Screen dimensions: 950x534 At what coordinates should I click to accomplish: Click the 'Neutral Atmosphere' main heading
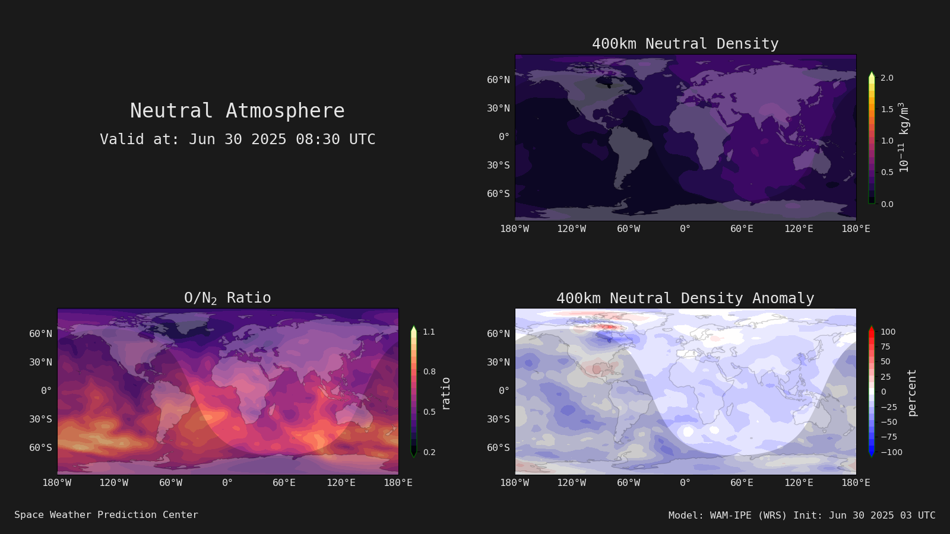(x=237, y=110)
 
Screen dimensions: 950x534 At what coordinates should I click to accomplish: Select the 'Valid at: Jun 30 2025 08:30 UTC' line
(x=237, y=139)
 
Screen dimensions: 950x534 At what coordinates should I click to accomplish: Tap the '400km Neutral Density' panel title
(x=685, y=44)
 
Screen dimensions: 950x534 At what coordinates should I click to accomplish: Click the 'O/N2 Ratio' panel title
(x=227, y=298)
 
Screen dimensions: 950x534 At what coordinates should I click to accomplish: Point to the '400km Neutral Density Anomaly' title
(x=685, y=298)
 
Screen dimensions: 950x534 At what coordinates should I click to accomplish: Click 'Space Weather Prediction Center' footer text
(x=106, y=515)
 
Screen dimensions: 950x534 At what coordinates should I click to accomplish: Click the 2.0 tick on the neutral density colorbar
(x=887, y=78)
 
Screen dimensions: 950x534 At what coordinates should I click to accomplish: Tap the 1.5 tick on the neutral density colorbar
(x=887, y=109)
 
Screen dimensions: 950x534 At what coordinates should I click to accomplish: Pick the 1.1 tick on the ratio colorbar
(x=429, y=332)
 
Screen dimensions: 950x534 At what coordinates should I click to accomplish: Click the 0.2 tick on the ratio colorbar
(x=429, y=452)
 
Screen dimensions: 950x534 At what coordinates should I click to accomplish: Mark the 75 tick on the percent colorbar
(x=885, y=347)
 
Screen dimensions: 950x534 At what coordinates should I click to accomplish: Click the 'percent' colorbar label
(x=912, y=393)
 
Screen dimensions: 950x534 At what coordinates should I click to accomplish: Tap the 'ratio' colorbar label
(x=445, y=394)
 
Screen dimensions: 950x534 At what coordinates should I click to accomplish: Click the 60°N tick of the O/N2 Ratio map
(x=41, y=334)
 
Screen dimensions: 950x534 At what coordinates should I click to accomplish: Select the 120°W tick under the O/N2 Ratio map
(x=113, y=483)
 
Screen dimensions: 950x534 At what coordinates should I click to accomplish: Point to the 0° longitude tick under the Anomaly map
(x=685, y=483)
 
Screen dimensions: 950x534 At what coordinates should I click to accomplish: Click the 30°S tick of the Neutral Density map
(x=498, y=166)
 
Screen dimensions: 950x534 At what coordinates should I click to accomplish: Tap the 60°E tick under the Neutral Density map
(x=742, y=229)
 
